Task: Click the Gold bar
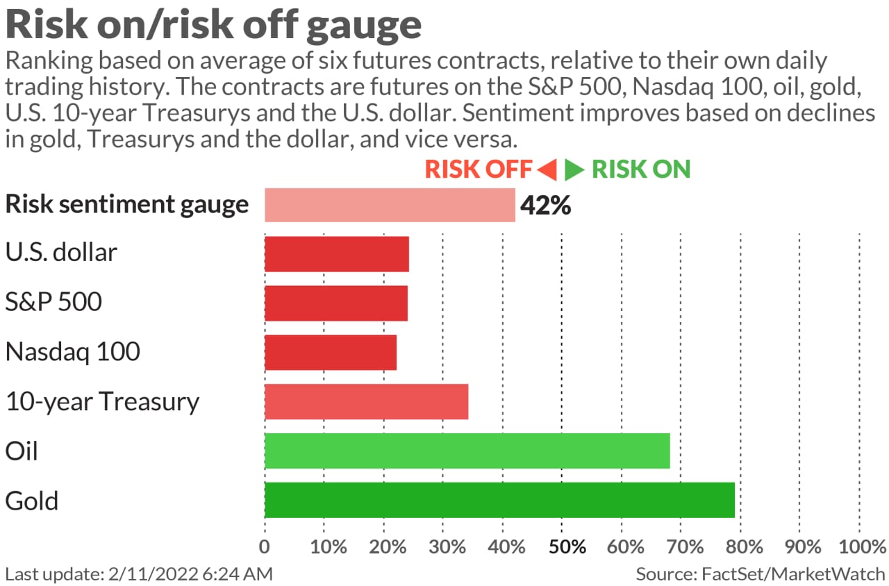click(499, 500)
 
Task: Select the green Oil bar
click(467, 451)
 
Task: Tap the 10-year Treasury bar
click(366, 401)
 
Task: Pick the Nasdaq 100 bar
click(331, 352)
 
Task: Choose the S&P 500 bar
click(336, 303)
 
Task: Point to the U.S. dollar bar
click(337, 253)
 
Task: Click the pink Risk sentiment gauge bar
click(390, 205)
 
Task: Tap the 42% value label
click(545, 206)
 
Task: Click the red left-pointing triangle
click(547, 169)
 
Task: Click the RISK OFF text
click(479, 169)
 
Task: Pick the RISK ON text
click(641, 169)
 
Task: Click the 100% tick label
click(858, 546)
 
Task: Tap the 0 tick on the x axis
click(265, 546)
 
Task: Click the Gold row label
click(32, 501)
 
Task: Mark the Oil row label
click(22, 451)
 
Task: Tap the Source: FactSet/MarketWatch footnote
click(761, 574)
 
